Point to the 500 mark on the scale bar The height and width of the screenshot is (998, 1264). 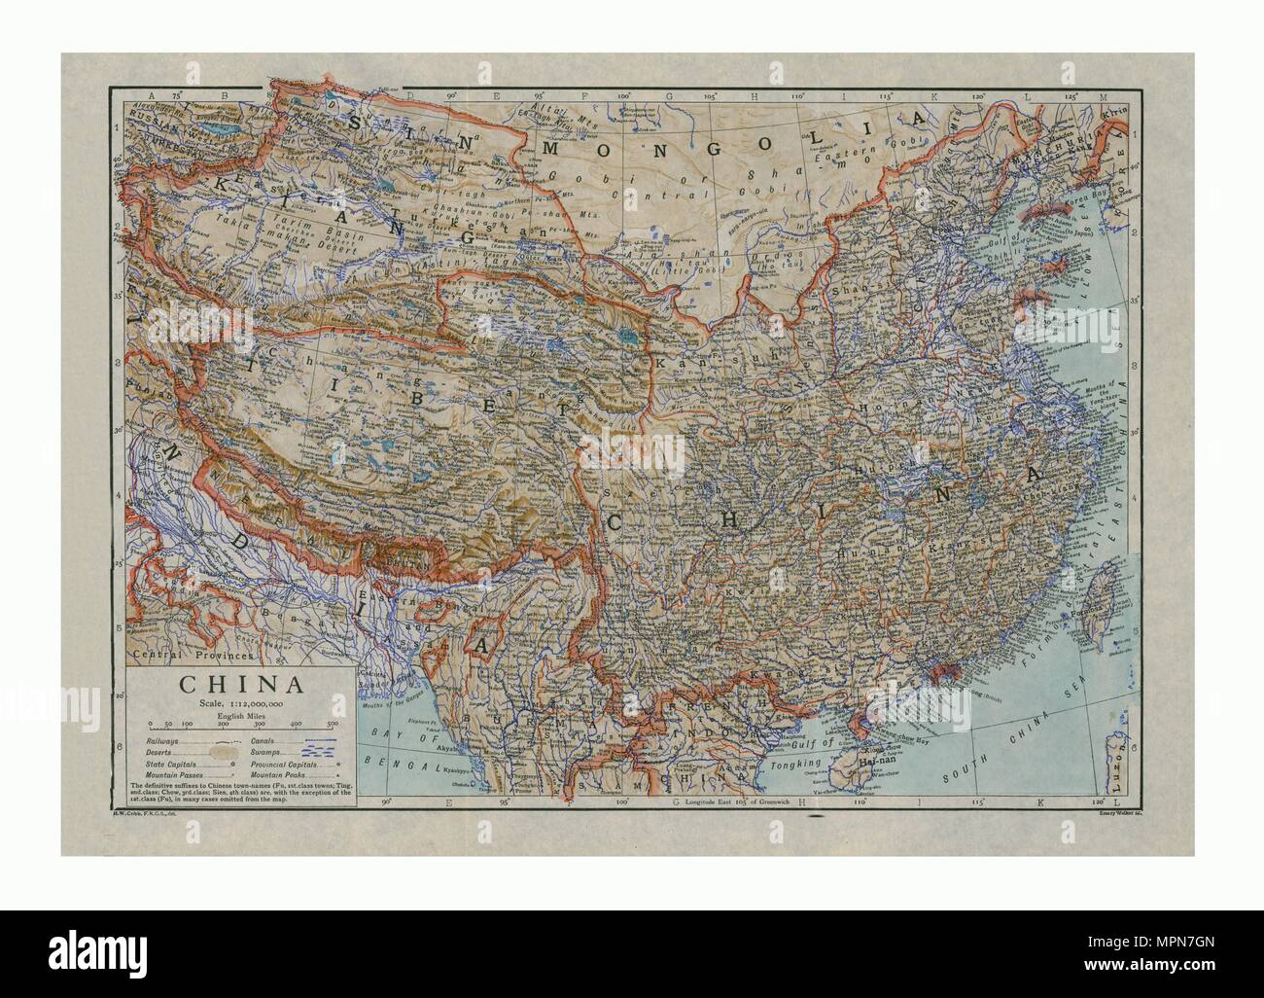(332, 725)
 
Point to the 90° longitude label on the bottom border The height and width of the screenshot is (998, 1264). (387, 802)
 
